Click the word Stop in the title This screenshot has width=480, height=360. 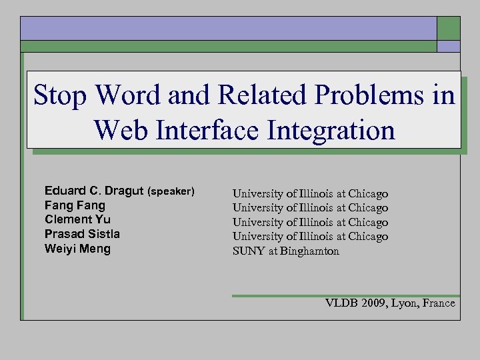point(61,95)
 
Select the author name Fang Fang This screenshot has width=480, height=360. point(75,205)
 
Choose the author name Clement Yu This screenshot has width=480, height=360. point(77,219)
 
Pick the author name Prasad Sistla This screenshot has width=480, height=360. point(82,234)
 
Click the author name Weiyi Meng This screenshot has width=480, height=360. point(77,249)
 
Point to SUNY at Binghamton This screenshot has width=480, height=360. point(285,251)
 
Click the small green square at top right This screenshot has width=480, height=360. point(448,28)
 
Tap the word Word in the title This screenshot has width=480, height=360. point(128,95)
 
